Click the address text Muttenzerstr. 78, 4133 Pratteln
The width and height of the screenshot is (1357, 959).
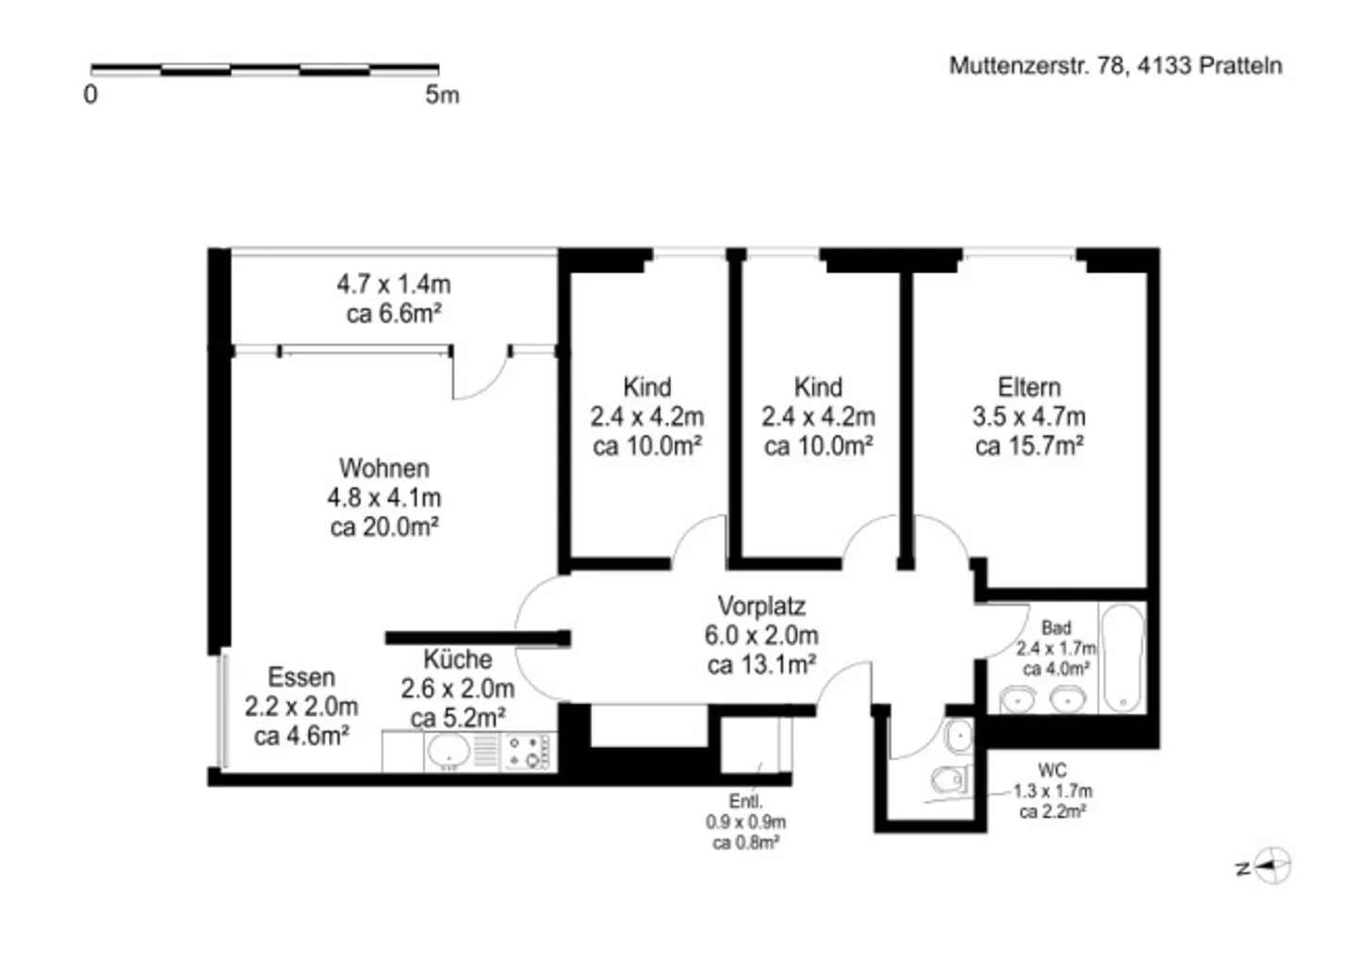coord(1115,66)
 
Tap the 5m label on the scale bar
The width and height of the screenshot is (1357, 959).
coord(442,94)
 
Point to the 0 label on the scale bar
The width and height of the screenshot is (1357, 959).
coord(90,94)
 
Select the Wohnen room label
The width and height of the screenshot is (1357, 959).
coord(384,468)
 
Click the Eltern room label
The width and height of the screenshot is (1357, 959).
coord(1029,387)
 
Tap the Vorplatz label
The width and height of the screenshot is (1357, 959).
coord(761,606)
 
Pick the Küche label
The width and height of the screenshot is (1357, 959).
coord(457,659)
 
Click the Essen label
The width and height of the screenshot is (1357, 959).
coord(301,677)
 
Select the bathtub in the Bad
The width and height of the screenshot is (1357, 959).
coord(1121,658)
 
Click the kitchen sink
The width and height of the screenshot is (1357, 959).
coord(449,752)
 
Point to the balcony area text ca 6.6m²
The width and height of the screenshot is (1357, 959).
coord(394,314)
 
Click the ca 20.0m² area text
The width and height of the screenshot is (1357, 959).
coord(384,528)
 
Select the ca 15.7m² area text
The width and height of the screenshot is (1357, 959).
coord(1029,447)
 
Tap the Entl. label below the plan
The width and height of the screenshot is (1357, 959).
coord(745,802)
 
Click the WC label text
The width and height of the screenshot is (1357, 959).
coord(1052,771)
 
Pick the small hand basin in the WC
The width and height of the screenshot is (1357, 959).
coord(959,736)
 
